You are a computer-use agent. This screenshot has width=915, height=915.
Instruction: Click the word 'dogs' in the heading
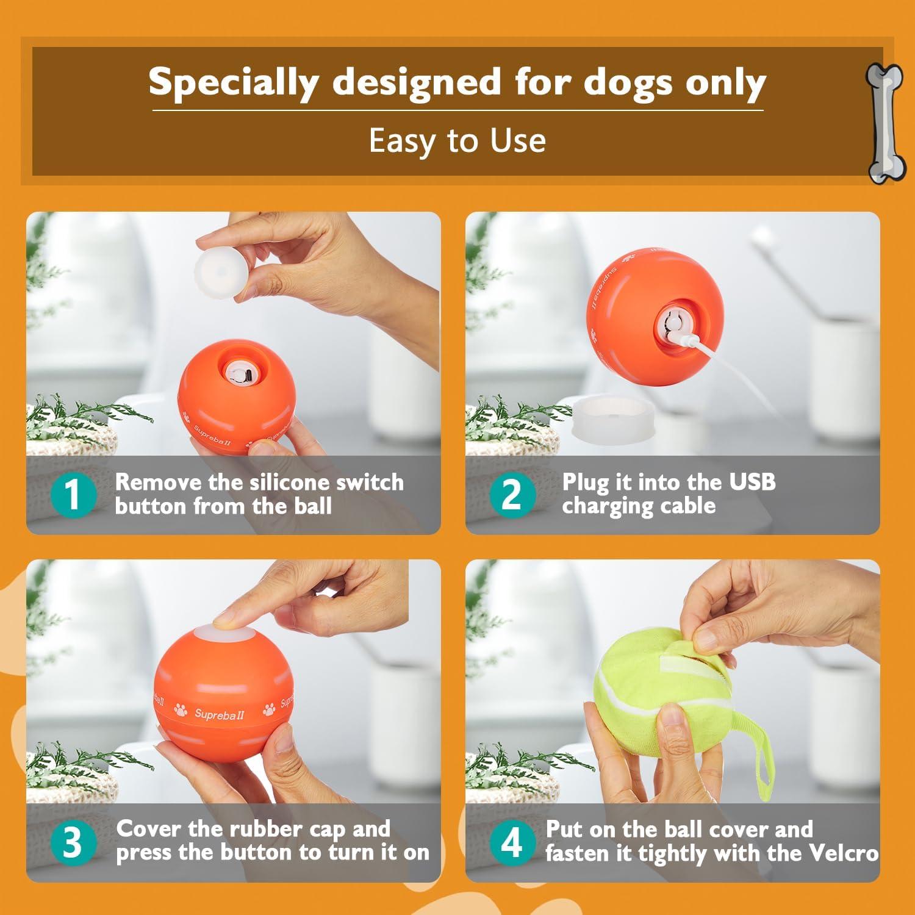[630, 82]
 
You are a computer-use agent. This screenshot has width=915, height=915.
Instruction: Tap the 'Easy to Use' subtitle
[457, 141]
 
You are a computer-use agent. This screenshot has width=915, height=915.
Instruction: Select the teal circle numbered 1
[73, 494]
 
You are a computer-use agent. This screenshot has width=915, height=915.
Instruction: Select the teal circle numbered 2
[512, 494]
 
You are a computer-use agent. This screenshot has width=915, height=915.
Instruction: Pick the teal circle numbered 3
[73, 842]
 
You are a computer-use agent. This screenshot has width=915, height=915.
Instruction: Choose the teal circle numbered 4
[512, 842]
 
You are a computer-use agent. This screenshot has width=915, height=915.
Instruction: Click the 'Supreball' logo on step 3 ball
[219, 713]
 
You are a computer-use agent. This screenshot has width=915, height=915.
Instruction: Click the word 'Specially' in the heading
[234, 82]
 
